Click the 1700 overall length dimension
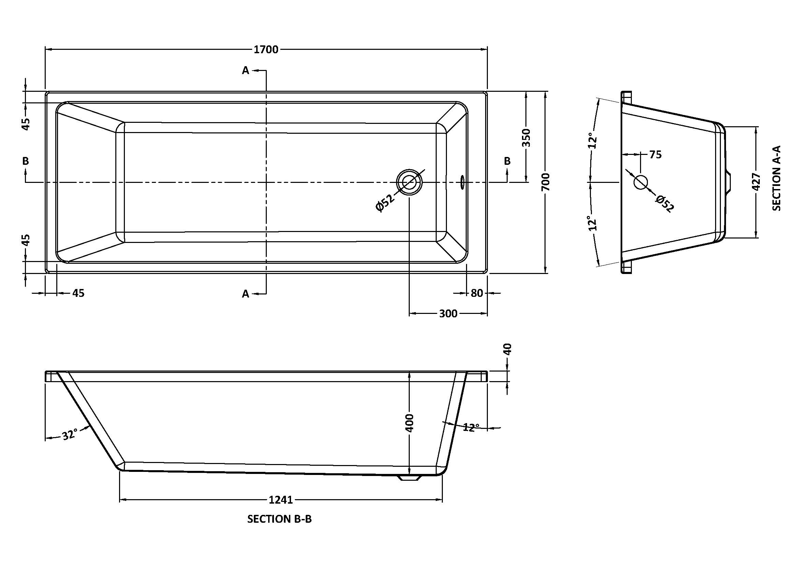click(266, 50)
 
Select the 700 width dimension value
click(546, 182)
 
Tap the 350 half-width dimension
click(526, 138)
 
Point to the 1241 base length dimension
click(281, 500)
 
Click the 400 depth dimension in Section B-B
click(410, 422)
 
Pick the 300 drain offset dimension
click(448, 314)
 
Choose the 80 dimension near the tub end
click(477, 293)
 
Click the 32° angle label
click(70, 435)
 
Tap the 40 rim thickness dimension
click(508, 349)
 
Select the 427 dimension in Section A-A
click(757, 182)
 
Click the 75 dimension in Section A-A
click(655, 155)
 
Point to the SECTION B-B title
click(279, 519)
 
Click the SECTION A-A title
click(777, 178)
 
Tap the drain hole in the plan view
click(409, 182)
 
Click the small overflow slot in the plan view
click(463, 182)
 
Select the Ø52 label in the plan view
click(385, 203)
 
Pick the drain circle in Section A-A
click(641, 182)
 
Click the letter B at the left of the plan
click(25, 161)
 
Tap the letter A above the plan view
click(245, 71)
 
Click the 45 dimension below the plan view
click(78, 293)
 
